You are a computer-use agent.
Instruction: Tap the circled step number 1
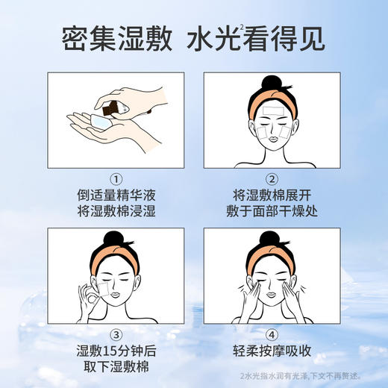click(x=116, y=179)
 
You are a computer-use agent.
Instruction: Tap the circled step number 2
click(x=272, y=179)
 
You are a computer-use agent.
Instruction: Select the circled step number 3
click(x=116, y=334)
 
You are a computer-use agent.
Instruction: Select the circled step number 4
click(x=272, y=334)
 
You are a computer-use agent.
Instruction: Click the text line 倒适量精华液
click(x=116, y=195)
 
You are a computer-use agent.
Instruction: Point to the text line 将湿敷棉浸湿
click(x=116, y=212)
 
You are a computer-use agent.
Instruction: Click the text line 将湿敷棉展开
click(x=272, y=195)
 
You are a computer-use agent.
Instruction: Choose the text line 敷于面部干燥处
click(x=272, y=212)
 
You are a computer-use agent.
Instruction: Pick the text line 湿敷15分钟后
click(x=116, y=350)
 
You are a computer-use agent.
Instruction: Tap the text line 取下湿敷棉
click(x=116, y=366)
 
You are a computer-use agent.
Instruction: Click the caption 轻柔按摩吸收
click(x=272, y=350)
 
